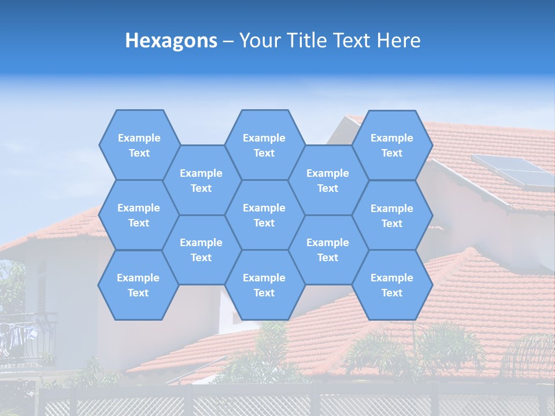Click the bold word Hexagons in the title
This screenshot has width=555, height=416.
pos(171,40)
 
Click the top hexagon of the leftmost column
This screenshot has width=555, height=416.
pos(139,145)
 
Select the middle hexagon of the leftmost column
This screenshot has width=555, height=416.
pos(139,215)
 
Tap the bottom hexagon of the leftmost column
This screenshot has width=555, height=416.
pos(138,285)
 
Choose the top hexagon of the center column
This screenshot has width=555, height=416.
pos(264,145)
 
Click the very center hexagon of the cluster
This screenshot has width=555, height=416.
pos(264,215)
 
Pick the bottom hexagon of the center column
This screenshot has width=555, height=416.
pos(264,285)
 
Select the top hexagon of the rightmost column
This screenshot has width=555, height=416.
pos(392,145)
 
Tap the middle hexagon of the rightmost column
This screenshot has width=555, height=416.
pos(392,216)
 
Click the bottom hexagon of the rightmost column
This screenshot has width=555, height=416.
pos(392,285)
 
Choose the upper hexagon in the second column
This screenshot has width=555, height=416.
pos(201,180)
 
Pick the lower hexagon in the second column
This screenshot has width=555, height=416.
pos(201,250)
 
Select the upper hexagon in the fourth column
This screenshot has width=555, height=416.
pos(328,180)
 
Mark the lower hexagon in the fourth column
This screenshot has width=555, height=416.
pos(328,250)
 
